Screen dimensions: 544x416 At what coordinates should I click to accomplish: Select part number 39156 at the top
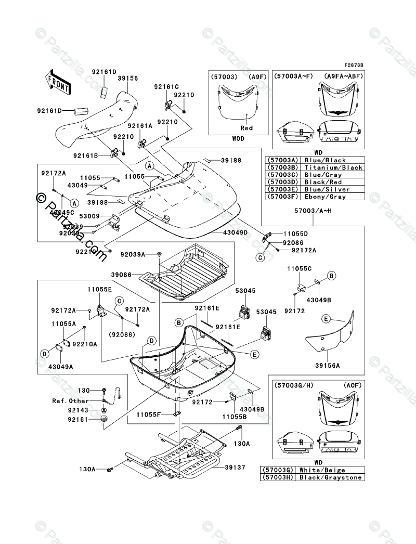[127, 78]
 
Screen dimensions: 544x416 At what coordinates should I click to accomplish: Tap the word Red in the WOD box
[246, 128]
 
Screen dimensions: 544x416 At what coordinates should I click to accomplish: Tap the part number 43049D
[235, 231]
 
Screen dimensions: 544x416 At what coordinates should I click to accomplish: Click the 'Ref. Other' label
[70, 401]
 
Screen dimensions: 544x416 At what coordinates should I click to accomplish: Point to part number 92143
[78, 410]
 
